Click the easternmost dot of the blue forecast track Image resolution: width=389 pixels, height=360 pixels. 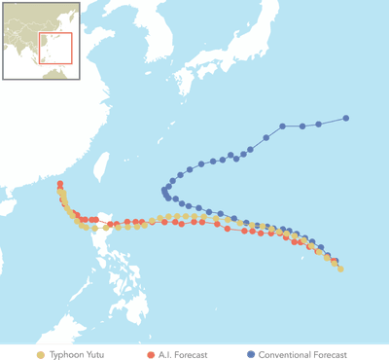(x=346, y=119)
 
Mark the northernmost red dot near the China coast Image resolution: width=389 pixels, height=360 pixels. (x=60, y=184)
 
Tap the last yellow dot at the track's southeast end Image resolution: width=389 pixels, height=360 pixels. (x=340, y=269)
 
